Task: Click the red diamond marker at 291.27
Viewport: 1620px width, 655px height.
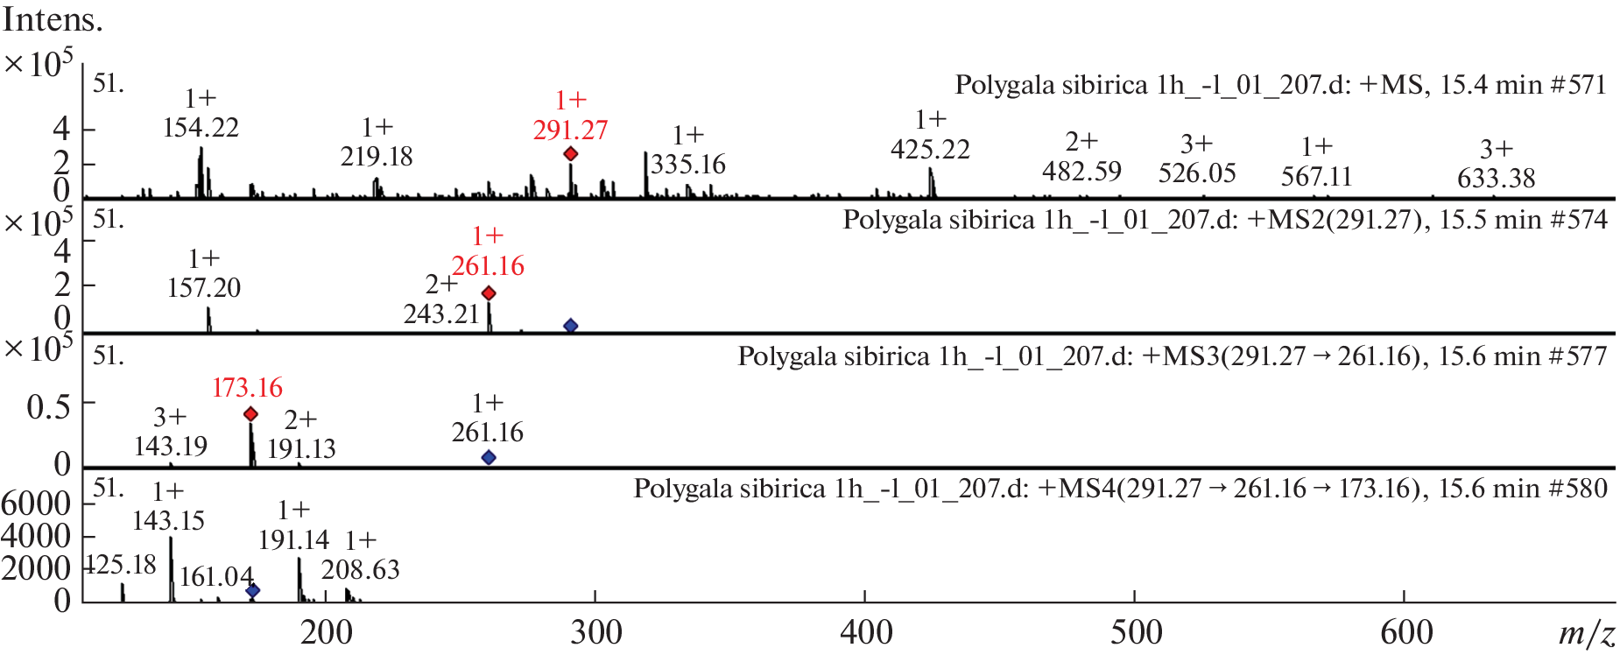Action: click(570, 154)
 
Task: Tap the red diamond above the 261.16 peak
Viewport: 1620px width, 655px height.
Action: click(489, 293)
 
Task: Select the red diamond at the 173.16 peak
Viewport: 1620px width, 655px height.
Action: click(250, 414)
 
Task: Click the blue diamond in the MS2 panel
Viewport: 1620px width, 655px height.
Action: click(570, 326)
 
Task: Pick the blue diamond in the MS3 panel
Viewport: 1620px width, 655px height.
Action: click(489, 458)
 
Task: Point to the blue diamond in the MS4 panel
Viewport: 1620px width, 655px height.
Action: click(252, 591)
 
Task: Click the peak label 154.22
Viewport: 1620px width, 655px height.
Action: click(201, 128)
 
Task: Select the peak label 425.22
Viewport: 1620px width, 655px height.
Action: click(930, 150)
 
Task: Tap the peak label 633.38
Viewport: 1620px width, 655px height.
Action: click(1496, 179)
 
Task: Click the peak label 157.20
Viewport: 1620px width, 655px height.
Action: click(204, 288)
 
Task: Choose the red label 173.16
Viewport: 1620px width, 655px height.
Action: click(247, 388)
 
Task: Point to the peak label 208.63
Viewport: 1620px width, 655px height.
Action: click(360, 570)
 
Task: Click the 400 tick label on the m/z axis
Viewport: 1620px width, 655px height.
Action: click(866, 632)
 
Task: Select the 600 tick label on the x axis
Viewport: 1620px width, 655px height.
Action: click(1406, 632)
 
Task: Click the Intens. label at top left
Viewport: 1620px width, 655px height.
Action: click(53, 19)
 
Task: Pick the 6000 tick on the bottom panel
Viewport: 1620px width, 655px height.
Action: click(36, 504)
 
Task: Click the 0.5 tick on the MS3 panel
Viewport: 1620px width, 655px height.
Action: click(48, 406)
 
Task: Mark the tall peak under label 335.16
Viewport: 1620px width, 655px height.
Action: click(646, 174)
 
